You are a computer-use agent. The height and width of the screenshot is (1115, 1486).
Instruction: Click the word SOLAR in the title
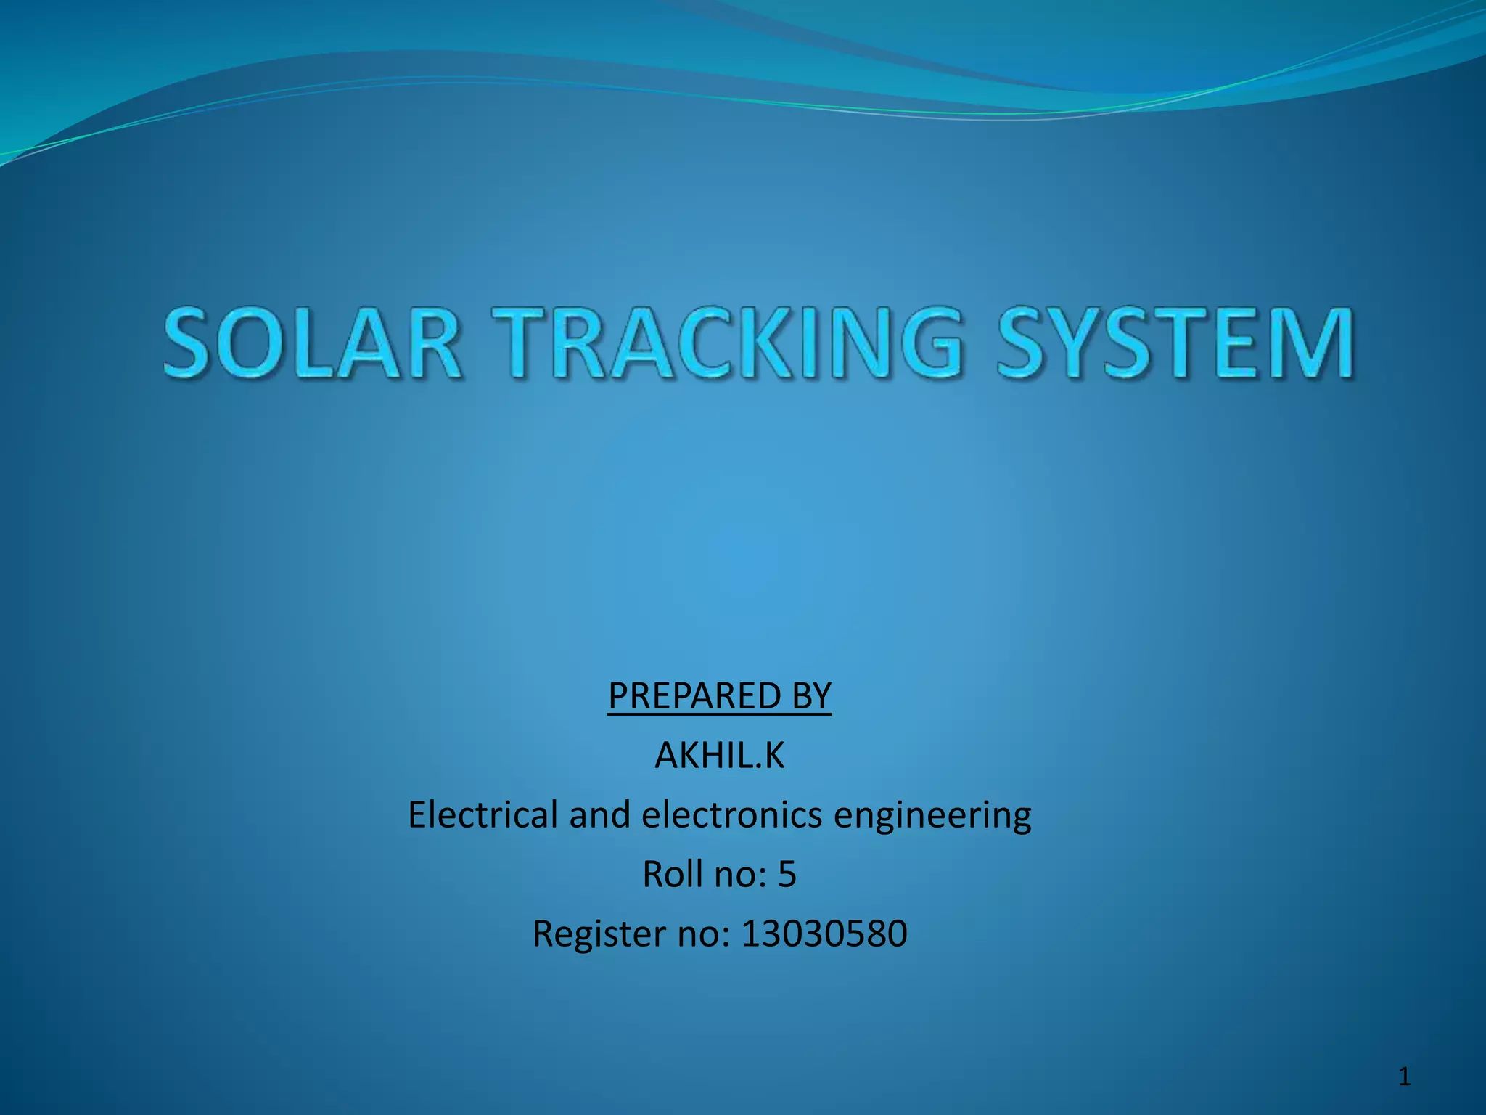click(312, 343)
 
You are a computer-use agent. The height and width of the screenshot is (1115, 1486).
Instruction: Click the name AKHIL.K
click(720, 756)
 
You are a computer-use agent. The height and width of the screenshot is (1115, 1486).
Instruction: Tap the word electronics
click(731, 814)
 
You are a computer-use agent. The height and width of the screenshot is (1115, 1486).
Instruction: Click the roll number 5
click(787, 874)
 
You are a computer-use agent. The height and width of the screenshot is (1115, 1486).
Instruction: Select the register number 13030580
click(824, 934)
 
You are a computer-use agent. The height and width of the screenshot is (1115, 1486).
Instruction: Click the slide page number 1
click(1405, 1077)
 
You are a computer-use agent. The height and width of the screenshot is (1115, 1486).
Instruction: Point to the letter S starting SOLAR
click(191, 343)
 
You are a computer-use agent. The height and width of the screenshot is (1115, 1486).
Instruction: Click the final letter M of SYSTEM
click(1312, 343)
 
